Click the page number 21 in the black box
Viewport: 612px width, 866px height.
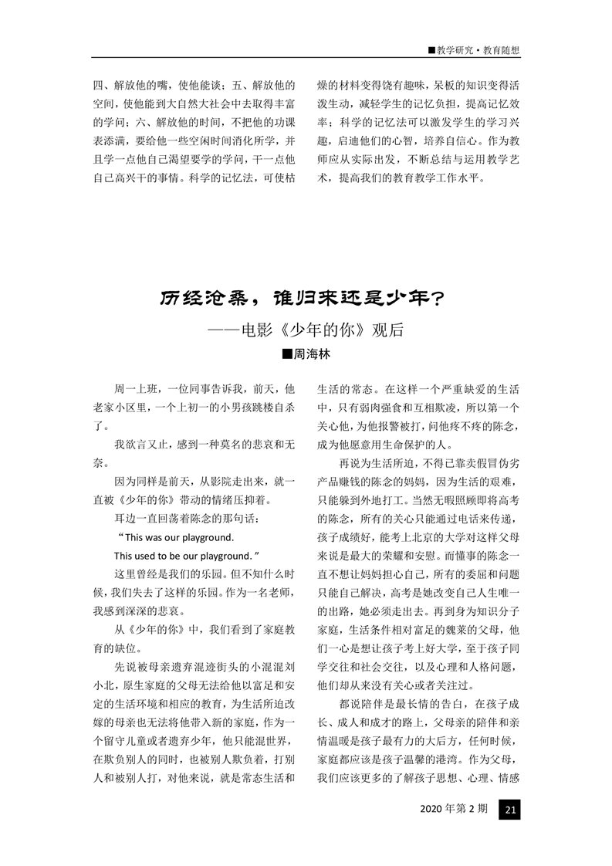tap(510, 810)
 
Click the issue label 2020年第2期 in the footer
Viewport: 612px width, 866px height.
tap(454, 810)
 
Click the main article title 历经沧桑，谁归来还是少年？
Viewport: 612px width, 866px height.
tap(306, 299)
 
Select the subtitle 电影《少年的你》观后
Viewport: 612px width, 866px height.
tap(316, 329)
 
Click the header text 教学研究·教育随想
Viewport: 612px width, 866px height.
tap(478, 50)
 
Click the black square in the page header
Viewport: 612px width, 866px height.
tap(431, 50)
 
